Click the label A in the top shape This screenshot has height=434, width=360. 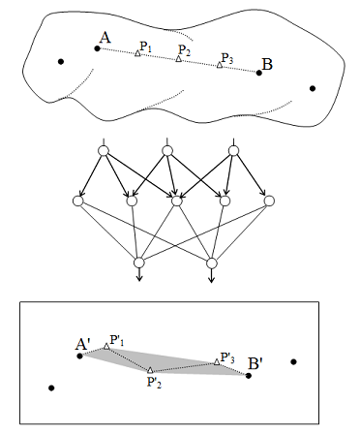pos(103,39)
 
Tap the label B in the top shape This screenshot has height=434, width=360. pos(268,65)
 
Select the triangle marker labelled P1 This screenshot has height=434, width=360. pos(137,53)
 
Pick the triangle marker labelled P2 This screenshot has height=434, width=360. pos(178,60)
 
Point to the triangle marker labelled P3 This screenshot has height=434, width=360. pos(220,66)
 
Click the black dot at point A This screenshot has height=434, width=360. pos(96,48)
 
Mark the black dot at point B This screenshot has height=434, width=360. pos(259,73)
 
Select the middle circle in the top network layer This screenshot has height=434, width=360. pos(169,150)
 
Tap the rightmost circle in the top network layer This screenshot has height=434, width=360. pos(233,150)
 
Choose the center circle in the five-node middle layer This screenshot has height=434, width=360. pos(175,201)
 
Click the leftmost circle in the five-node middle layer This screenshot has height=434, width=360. pos(78,201)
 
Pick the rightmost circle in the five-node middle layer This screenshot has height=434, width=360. pos(270,201)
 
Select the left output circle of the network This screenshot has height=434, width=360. pos(138,263)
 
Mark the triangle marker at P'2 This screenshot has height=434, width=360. pos(151,370)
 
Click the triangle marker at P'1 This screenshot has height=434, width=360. pos(106,346)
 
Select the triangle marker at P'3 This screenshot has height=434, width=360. pos(217,361)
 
